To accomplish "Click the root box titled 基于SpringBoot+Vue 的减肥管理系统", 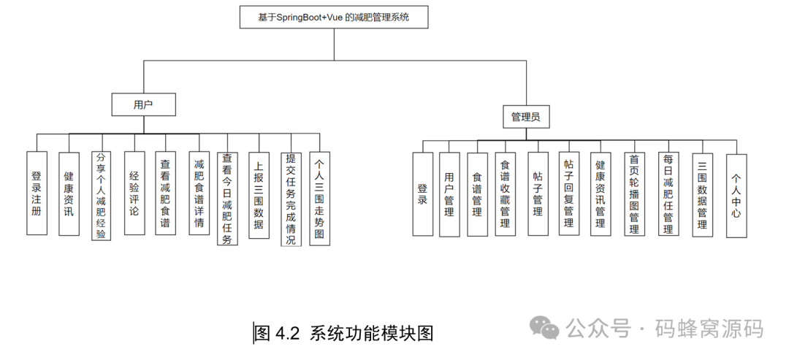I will click(x=334, y=17).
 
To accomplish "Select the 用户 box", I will click(x=143, y=104).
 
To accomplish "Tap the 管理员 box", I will click(x=526, y=116).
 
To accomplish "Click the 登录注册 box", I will click(x=37, y=194).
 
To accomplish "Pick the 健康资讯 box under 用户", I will click(x=69, y=194).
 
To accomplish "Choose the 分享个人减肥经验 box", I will click(x=101, y=195).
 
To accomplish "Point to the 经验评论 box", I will click(x=134, y=194).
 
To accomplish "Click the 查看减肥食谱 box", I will click(x=165, y=194).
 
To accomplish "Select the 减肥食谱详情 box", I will click(x=199, y=194).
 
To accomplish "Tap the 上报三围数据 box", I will click(x=258, y=194).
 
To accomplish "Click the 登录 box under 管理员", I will click(x=422, y=194).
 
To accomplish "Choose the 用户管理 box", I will click(x=449, y=194).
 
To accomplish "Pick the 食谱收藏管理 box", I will click(x=504, y=194).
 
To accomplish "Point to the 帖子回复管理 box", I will click(x=569, y=194).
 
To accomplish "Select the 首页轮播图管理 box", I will click(x=634, y=194).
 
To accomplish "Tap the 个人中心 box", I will click(x=736, y=195).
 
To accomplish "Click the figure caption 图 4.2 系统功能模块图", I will click(x=343, y=334).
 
